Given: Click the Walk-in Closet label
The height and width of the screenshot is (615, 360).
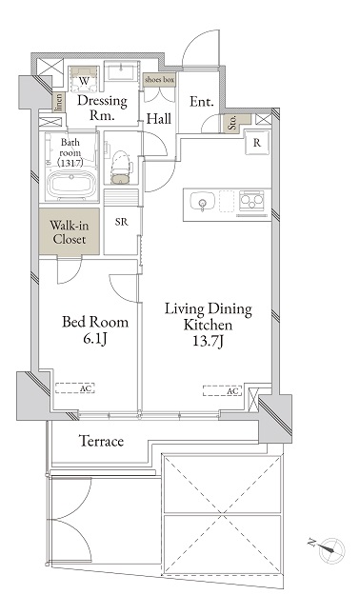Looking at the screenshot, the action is click(70, 232).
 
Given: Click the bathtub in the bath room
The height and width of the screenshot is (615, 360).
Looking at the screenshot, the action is click(70, 187).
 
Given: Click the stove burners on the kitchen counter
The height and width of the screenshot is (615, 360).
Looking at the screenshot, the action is click(251, 199).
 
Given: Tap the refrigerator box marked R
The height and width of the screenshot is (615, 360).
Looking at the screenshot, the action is click(257, 143).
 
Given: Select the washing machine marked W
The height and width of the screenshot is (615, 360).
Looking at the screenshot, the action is click(84, 80).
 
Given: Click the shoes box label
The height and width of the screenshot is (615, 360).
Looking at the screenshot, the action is click(159, 80).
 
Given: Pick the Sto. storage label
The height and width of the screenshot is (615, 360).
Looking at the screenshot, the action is click(232, 123).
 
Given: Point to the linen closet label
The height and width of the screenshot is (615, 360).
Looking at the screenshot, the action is click(58, 102).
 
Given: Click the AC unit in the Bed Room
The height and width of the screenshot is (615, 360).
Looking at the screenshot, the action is click(75, 388).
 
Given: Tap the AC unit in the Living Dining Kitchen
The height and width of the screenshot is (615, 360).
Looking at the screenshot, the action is click(223, 390).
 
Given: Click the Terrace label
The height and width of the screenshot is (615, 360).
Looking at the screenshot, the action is click(102, 441).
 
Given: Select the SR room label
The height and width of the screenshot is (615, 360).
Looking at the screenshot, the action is click(122, 222).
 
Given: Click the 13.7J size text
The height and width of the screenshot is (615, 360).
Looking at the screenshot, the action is click(208, 342).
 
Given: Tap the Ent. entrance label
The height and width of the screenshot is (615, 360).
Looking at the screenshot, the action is click(202, 102).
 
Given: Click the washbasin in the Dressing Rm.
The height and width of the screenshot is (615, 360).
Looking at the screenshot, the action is click(122, 71).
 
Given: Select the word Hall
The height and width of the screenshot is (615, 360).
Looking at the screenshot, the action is click(159, 118).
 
